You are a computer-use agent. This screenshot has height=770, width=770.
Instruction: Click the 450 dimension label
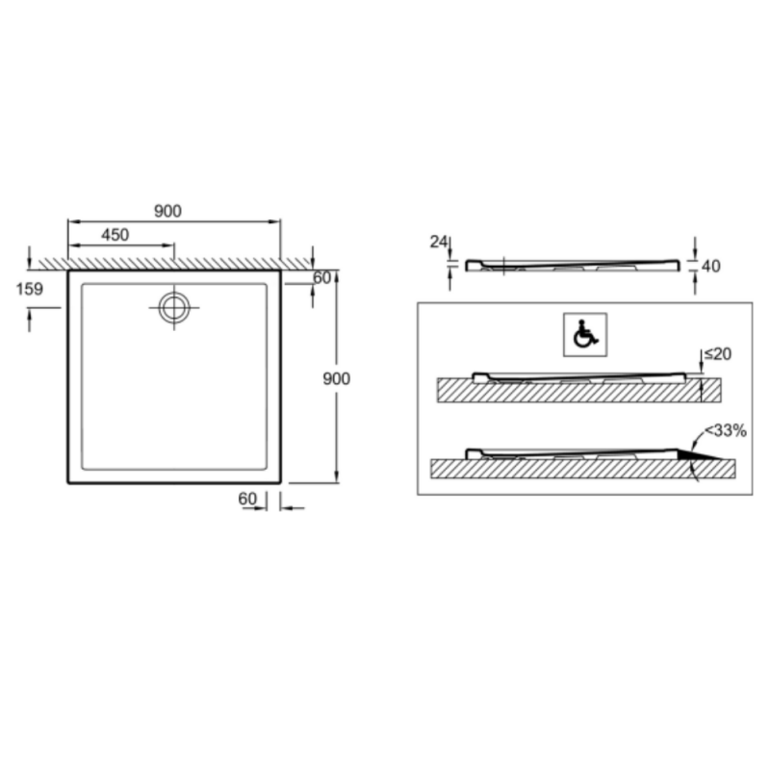tap(114, 234)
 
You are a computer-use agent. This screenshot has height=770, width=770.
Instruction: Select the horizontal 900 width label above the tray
tap(167, 212)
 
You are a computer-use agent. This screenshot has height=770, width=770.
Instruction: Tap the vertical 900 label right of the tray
tap(336, 378)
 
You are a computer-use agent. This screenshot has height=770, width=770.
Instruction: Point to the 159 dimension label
tap(29, 288)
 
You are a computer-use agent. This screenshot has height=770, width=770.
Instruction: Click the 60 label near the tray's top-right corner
tap(321, 278)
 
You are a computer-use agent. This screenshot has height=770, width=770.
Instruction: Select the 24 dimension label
tap(439, 243)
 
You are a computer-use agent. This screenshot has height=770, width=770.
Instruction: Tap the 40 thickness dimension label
tap(711, 266)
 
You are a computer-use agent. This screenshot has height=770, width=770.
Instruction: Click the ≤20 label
tap(717, 354)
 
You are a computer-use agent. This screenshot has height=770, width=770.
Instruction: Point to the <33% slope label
tap(725, 430)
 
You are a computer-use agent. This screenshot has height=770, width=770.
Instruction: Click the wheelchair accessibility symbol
tap(583, 334)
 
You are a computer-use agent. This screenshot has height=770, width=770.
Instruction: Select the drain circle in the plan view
tap(174, 307)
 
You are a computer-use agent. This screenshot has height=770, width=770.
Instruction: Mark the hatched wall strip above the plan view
tap(173, 263)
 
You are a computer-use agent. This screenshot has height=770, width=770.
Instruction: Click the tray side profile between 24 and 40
tap(572, 265)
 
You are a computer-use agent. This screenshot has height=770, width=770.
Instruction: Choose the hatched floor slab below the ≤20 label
tap(577, 391)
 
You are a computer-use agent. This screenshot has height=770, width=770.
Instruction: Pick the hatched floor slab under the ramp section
tap(577, 469)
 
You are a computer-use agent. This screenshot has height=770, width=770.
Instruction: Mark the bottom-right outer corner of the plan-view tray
tap(280, 481)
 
